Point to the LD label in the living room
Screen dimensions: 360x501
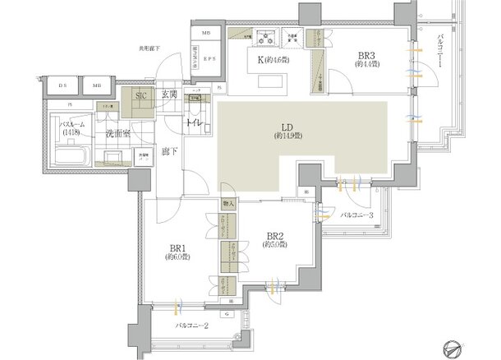pyautogui.click(x=287, y=127)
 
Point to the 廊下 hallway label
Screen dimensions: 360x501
pyautogui.click(x=168, y=150)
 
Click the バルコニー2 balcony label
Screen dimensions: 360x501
pyautogui.click(x=195, y=326)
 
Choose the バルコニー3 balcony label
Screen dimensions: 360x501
pyautogui.click(x=357, y=215)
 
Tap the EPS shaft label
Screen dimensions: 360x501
pyautogui.click(x=210, y=59)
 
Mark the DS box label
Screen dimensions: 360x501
pyautogui.click(x=64, y=85)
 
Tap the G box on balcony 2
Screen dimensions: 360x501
pyautogui.click(x=225, y=313)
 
